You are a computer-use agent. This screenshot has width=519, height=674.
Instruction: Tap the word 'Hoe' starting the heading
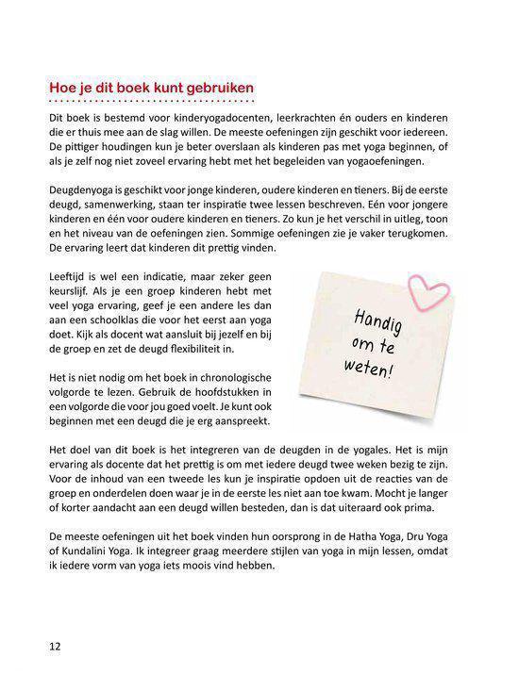[63, 89]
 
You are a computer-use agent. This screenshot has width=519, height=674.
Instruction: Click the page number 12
[55, 647]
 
